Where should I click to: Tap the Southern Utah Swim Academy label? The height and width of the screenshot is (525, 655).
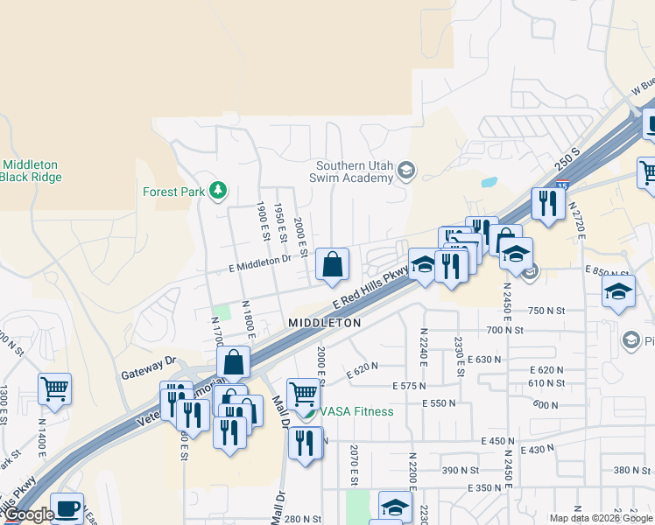[x=355, y=171]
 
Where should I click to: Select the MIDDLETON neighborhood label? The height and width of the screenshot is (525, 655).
[x=325, y=323]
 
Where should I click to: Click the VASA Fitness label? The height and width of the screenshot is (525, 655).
[x=356, y=411]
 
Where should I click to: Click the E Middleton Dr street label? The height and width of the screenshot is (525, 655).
[x=260, y=259]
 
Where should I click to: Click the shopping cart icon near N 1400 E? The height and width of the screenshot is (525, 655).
[x=54, y=388]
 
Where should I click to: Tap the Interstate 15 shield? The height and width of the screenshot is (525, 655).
[x=562, y=185]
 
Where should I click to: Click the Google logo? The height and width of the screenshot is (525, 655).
[x=28, y=514]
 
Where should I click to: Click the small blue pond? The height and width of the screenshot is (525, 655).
[x=489, y=184]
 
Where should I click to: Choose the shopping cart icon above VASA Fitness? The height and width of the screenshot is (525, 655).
[x=303, y=392]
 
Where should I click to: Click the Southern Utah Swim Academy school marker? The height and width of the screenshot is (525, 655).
[x=405, y=171]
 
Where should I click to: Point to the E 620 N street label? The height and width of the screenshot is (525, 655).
[x=362, y=369]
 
